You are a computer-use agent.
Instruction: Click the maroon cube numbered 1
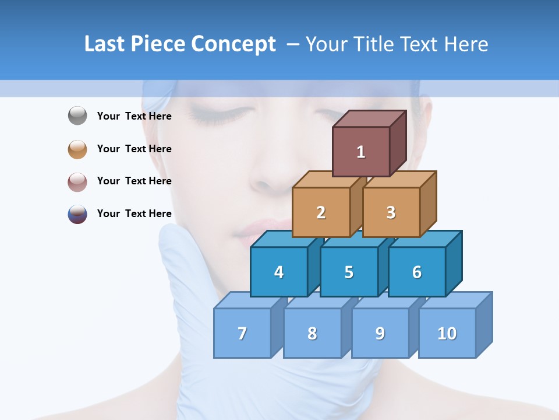[x=361, y=152]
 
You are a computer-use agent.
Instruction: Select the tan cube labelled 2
[x=321, y=212]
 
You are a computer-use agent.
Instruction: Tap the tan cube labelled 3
[x=391, y=212]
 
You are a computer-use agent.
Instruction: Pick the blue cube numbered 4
[x=279, y=272]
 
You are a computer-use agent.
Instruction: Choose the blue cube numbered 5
[x=349, y=272]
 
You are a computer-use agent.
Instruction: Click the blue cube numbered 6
[x=417, y=272]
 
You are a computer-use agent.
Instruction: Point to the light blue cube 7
[x=242, y=333]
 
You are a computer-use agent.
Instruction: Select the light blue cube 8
[x=312, y=333]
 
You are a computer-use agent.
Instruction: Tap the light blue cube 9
[x=380, y=333]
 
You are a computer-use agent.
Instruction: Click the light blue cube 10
[x=447, y=333]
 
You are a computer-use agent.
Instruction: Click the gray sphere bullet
[x=77, y=116]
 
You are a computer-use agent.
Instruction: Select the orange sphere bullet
[x=77, y=149]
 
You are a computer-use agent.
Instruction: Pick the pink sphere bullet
[x=77, y=181]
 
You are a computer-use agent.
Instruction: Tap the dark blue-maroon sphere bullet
[x=77, y=214]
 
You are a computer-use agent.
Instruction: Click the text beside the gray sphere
[x=135, y=116]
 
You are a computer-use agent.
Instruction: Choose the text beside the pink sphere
[x=135, y=181]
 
